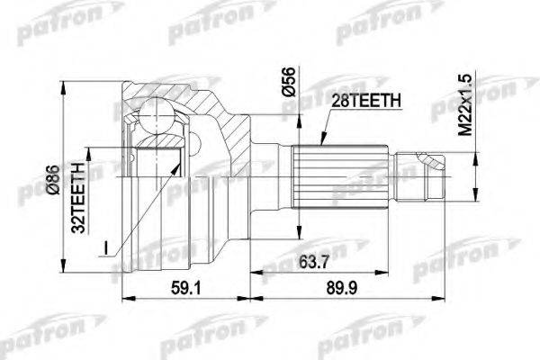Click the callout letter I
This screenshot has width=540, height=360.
tap(106, 244)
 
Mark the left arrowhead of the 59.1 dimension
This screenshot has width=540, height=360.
tap(126, 298)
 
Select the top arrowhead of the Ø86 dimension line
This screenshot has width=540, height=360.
tap(64, 88)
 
